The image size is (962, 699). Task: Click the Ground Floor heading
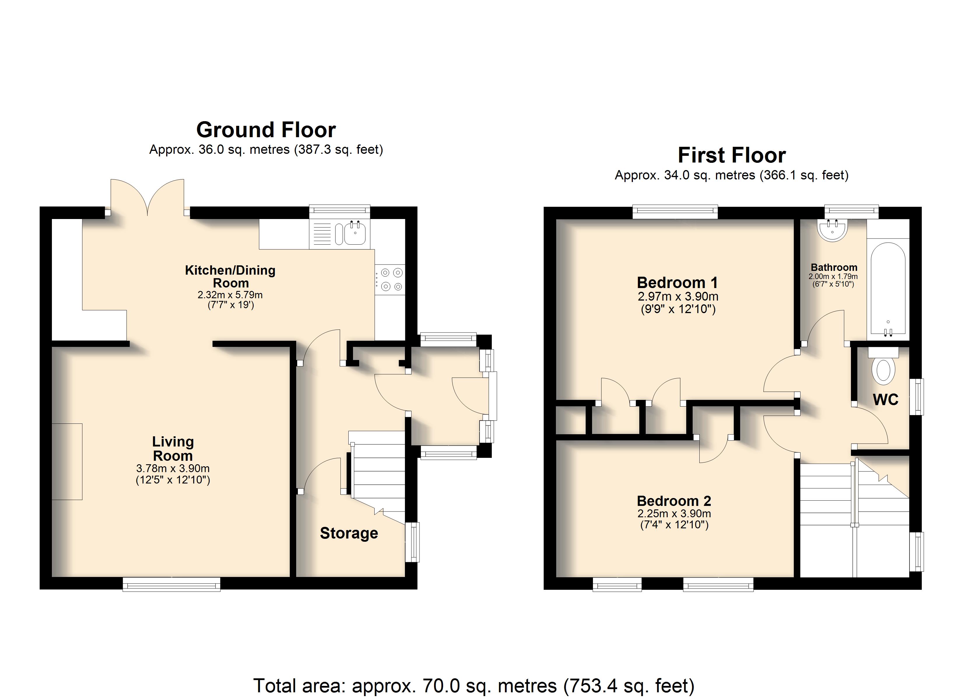[x=266, y=130]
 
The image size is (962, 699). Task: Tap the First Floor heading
[x=732, y=155]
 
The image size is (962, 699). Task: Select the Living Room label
[x=173, y=449]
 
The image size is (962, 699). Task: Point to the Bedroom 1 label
[x=677, y=282]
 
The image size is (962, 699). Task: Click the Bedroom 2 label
[x=674, y=501]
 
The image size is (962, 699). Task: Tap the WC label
[x=886, y=399]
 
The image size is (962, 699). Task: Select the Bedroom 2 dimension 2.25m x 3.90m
[x=674, y=513]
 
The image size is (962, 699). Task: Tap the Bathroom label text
[x=834, y=267]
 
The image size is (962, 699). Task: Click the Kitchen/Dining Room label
[x=230, y=276]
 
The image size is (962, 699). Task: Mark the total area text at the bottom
[x=474, y=685]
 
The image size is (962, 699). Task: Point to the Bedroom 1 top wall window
[x=675, y=212]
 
